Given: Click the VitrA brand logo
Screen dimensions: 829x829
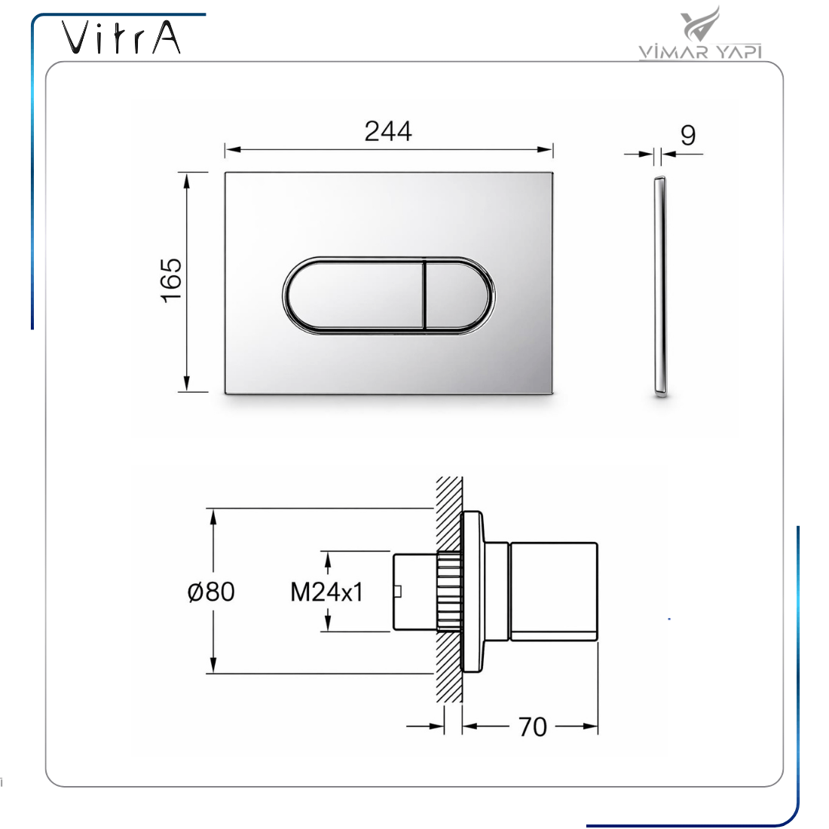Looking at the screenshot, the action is click(121, 38).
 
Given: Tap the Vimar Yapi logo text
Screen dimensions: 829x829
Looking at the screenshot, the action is click(700, 51).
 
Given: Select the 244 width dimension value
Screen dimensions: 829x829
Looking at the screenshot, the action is click(388, 131).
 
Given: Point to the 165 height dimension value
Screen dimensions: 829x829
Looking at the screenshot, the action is click(171, 281).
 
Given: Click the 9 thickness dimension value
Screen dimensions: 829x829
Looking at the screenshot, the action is click(688, 136).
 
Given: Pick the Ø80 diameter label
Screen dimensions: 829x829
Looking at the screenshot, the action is click(211, 592).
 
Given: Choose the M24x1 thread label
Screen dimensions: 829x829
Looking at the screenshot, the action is click(327, 592).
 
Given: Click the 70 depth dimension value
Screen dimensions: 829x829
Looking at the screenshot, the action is click(532, 727).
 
